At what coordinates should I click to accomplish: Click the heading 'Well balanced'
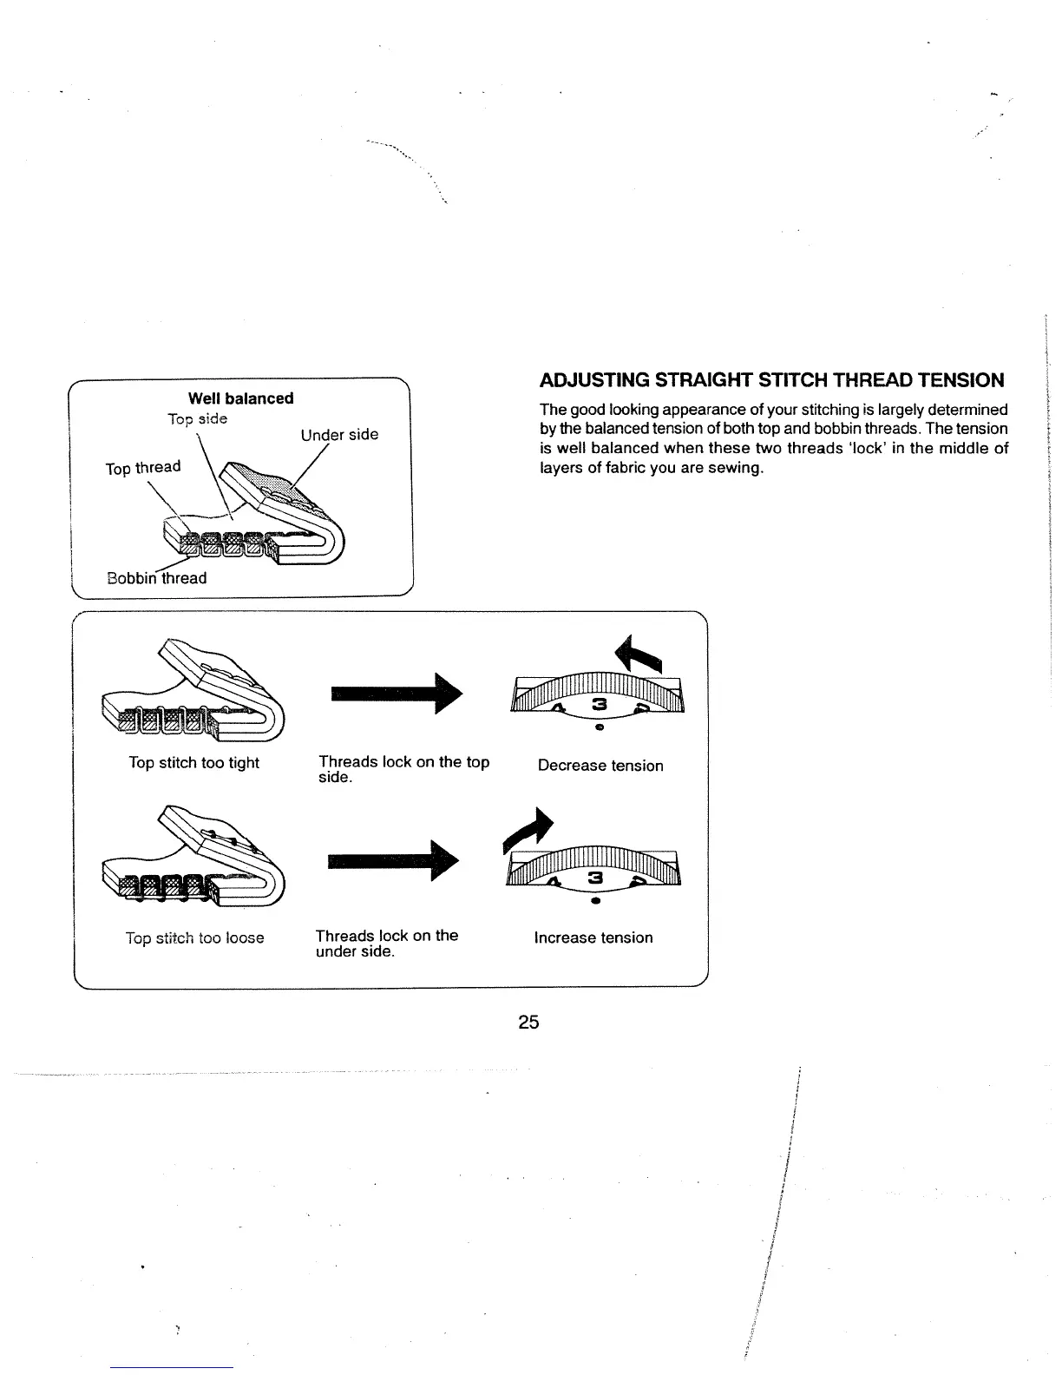tap(240, 398)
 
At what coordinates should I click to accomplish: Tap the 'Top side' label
tap(197, 419)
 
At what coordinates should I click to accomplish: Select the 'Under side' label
tap(339, 434)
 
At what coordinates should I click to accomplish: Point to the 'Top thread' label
tap(143, 468)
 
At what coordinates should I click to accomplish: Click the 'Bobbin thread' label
tap(156, 578)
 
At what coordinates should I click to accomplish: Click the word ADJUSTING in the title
tap(593, 380)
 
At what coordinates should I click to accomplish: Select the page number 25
tap(528, 1022)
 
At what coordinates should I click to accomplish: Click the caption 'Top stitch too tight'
tap(193, 763)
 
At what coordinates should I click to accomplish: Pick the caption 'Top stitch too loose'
tap(194, 938)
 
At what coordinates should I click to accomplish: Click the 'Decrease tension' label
tap(600, 766)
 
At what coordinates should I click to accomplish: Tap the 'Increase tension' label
tap(593, 937)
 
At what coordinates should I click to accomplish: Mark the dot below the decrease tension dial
tap(599, 728)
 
